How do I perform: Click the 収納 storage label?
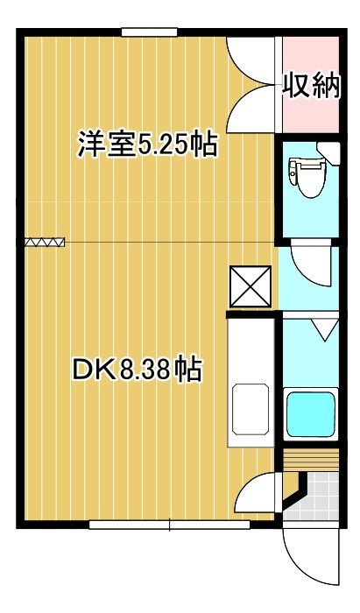[310, 86]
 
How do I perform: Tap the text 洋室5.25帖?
[147, 144]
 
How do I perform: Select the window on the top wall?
[150, 33]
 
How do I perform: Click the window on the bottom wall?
[169, 525]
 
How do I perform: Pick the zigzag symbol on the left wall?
[45, 241]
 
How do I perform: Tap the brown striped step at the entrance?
[311, 461]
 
